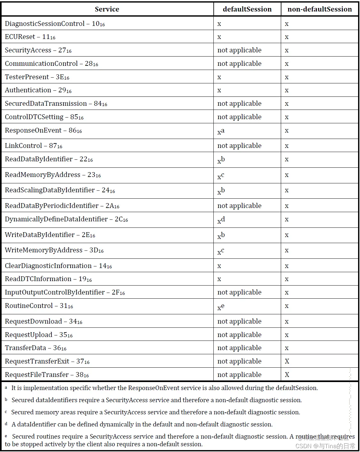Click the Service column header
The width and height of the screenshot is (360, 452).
[x=107, y=9]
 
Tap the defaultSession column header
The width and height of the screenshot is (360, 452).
[x=247, y=9]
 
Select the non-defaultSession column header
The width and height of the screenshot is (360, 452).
[x=319, y=9]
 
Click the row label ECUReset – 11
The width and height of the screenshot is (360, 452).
[x=30, y=37]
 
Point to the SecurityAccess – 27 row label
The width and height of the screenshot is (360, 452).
[x=38, y=50]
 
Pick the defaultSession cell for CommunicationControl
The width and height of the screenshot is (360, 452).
[x=239, y=64]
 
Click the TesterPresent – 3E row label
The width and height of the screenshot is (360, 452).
[x=37, y=77]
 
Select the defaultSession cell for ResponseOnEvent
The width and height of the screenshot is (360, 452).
[x=221, y=131]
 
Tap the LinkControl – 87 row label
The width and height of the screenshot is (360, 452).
[x=34, y=146]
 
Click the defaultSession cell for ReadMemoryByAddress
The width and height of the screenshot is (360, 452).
[x=221, y=175]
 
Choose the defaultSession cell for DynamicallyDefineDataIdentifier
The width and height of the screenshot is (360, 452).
[x=221, y=220]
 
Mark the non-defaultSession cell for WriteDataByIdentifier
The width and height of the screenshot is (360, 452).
[x=287, y=235]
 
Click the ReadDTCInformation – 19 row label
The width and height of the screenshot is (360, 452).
[x=48, y=279]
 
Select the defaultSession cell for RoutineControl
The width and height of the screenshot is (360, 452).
[x=221, y=307]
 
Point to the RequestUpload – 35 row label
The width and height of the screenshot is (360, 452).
[x=39, y=335]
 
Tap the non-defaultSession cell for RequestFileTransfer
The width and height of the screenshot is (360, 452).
[x=287, y=375]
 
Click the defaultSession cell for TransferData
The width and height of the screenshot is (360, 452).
[x=239, y=348]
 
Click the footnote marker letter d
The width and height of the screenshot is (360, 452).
[x=6, y=424]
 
